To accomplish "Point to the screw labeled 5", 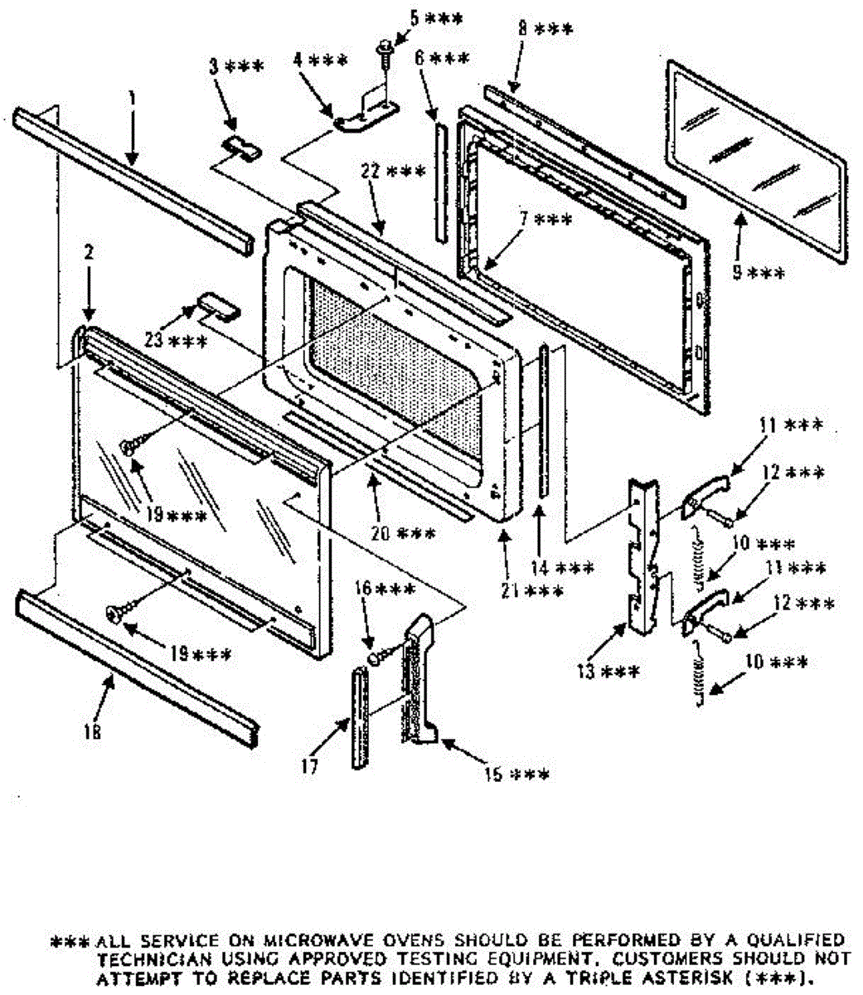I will tap(385, 52).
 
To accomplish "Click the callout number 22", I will tap(370, 172).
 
